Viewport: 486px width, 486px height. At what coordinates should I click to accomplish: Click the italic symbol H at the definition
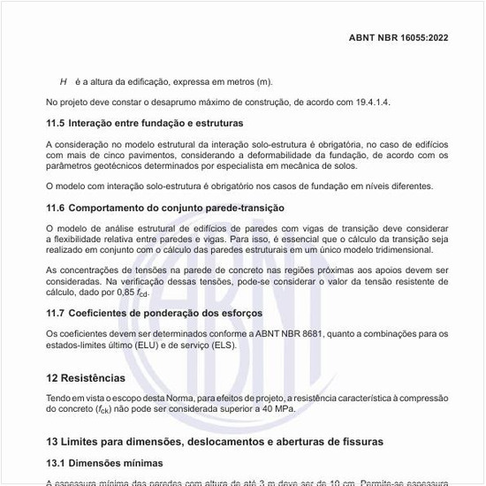point(64,82)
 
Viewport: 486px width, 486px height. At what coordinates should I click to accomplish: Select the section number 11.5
point(56,124)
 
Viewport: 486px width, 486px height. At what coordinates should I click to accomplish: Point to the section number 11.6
point(56,209)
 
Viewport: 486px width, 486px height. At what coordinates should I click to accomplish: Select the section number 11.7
point(56,313)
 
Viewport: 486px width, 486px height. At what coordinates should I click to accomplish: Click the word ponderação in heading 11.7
point(173,313)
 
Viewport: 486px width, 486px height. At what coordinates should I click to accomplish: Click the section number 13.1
point(56,462)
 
